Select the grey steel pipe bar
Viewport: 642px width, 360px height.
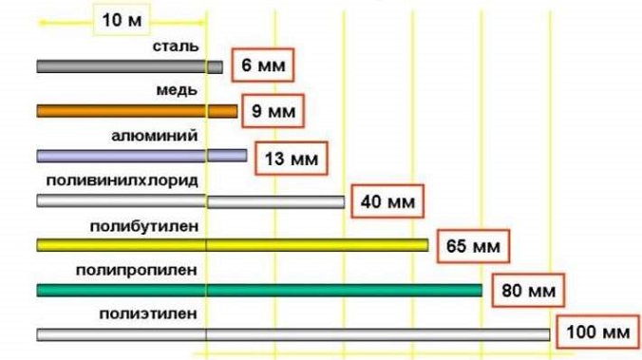[129, 66]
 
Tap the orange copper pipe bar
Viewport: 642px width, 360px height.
[137, 111]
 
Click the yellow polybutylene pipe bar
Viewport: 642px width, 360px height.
[232, 245]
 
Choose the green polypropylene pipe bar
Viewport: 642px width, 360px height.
[258, 290]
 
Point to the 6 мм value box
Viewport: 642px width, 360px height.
[260, 66]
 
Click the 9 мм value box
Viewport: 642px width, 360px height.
[274, 111]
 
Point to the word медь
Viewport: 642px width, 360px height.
[177, 90]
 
